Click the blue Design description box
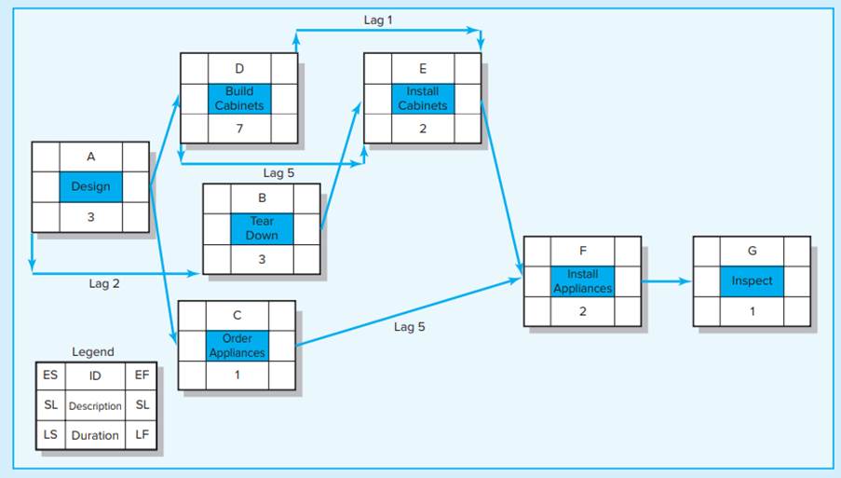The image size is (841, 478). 90,186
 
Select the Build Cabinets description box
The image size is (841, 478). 238,99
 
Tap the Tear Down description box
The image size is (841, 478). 262,228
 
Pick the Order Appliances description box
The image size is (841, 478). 237,346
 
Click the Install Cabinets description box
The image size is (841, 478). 422,99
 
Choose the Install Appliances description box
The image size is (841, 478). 582,281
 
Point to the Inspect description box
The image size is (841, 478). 752,281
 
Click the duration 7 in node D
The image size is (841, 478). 238,129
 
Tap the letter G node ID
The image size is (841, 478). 752,251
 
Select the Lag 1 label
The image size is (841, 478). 378,20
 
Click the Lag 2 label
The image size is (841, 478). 104,283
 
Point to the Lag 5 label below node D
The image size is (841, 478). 278,172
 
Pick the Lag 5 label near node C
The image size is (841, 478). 410,327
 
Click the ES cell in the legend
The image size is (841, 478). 50,376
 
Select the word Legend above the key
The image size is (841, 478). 93,352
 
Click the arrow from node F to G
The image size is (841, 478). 666,280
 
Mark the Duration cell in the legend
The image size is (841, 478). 95,435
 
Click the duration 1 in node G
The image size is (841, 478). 752,311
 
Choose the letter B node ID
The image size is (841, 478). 262,198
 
